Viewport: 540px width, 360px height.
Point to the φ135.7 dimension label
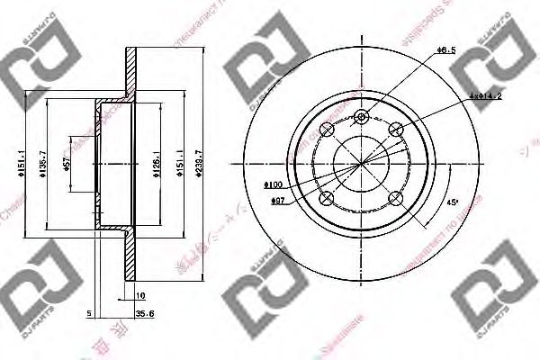pyautogui.click(x=41, y=163)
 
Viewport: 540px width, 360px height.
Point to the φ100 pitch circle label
pyautogui.click(x=274, y=184)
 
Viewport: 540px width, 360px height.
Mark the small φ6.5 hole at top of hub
pyautogui.click(x=362, y=116)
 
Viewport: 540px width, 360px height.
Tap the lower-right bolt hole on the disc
pyautogui.click(x=394, y=197)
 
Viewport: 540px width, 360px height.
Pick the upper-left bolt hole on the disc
pyautogui.click(x=328, y=130)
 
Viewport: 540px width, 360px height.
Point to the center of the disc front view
pyautogui.click(x=362, y=164)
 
